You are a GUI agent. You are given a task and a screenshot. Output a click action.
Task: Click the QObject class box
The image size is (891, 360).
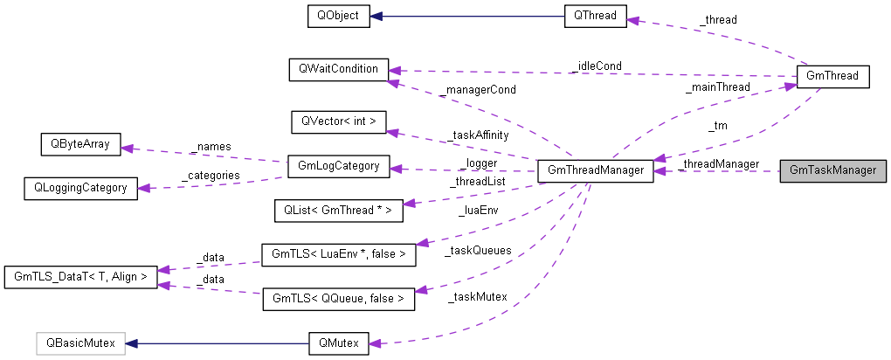tap(338, 16)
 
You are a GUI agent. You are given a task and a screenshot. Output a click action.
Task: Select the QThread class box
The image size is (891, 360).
tap(595, 16)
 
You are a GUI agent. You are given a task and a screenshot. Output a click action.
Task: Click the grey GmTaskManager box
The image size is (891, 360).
tap(832, 170)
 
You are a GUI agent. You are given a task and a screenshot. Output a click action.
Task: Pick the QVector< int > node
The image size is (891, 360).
tap(338, 121)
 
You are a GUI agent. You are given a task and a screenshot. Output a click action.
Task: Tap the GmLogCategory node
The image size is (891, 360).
tap(338, 166)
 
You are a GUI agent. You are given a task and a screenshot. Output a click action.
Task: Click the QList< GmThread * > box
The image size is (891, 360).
tap(338, 211)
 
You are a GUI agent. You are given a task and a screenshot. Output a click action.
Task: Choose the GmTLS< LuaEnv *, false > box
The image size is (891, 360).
tap(339, 255)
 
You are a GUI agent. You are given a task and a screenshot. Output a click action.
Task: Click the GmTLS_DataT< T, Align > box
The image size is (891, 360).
tap(80, 277)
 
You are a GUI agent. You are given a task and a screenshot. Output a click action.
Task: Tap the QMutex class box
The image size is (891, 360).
tap(338, 343)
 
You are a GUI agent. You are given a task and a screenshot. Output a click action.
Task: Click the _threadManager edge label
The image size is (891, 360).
tap(717, 163)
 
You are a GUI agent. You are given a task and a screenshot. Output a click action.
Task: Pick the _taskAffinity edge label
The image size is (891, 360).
tap(477, 135)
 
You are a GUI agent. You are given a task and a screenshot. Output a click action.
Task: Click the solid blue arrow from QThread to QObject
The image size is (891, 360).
tap(467, 16)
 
